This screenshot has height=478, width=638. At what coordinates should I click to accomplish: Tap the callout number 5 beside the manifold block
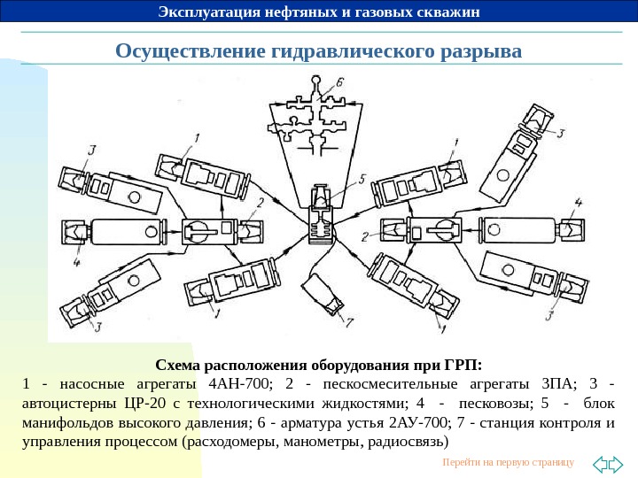pyautogui.click(x=361, y=178)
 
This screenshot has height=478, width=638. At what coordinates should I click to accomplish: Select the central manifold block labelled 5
pyautogui.click(x=320, y=219)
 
